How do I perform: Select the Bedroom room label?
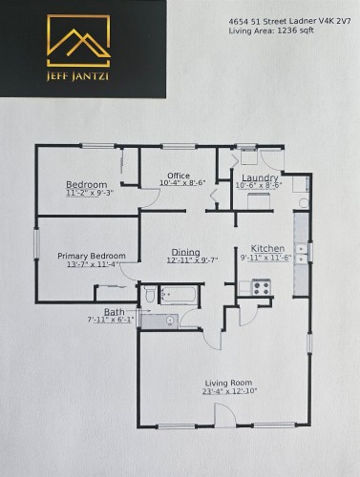pos(86,184)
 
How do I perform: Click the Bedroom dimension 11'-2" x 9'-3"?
pos(90,194)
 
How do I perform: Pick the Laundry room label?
pos(260,177)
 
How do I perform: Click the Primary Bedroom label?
pos(92,256)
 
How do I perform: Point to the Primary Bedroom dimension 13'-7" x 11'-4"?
pos(94,265)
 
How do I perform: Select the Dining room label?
pos(185,252)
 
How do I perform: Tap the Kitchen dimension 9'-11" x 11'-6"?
pos(265,257)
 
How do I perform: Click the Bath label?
pos(114,312)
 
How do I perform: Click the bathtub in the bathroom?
pos(180,296)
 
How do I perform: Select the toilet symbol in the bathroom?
pos(150,298)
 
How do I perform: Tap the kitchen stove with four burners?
pos(258,285)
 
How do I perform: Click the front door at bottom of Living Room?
pos(221,416)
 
